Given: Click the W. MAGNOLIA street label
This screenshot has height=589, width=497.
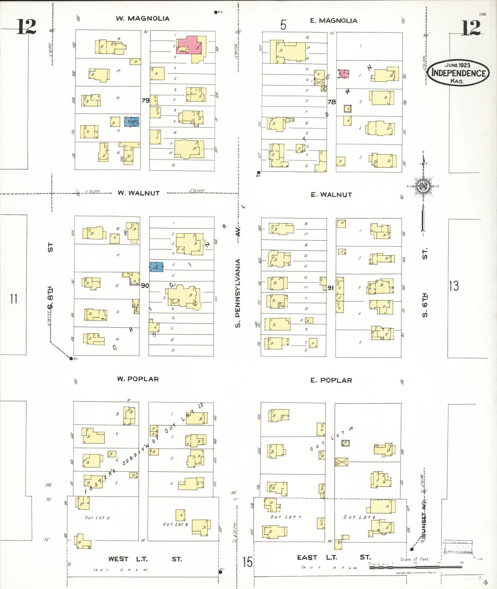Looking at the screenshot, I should click(143, 18).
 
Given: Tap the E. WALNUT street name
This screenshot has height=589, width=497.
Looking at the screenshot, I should click(331, 195).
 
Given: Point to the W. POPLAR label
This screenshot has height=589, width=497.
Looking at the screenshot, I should click(138, 379).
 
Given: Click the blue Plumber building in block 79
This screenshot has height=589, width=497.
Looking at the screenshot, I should click(132, 122).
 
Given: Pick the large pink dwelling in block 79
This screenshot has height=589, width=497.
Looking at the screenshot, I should click(191, 45).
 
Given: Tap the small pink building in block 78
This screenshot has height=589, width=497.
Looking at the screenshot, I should click(344, 74).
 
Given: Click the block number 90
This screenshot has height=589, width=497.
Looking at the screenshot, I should click(145, 286).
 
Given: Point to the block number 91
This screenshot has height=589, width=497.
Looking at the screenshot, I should click(331, 288).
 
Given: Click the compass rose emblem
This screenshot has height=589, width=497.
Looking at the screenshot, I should click(423, 187).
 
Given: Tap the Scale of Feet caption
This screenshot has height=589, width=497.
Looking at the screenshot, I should click(415, 559).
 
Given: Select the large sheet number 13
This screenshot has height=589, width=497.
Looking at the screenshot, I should click(454, 286).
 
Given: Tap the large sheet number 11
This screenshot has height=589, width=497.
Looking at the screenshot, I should click(14, 299).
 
